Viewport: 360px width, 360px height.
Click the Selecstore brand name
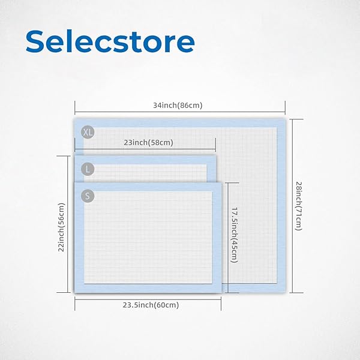tap(110, 41)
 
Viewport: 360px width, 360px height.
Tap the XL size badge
tap(88, 132)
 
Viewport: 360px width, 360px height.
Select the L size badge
tap(88, 169)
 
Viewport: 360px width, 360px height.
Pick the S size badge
tap(88, 196)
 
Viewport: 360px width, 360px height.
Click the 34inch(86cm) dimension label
tap(178, 106)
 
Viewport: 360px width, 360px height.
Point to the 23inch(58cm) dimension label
tap(149, 143)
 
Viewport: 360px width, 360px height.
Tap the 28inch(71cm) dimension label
tap(298, 206)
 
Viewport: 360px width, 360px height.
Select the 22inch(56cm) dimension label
tap(61, 227)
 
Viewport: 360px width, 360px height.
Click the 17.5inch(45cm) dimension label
tap(234, 235)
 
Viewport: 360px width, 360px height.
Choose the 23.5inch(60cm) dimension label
tap(151, 305)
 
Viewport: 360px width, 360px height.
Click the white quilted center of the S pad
tap(148, 238)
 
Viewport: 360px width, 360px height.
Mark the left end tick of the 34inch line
tap(75, 107)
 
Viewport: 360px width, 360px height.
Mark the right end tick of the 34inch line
tap(285, 107)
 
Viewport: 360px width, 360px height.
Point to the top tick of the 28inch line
tap(296, 119)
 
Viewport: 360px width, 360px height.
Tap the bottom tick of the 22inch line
tap(64, 293)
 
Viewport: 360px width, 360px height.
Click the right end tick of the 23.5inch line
tap(221, 304)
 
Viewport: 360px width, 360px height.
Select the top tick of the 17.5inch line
tap(232, 183)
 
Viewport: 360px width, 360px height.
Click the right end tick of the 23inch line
tap(215, 145)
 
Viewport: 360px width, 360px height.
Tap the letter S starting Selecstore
tap(35, 41)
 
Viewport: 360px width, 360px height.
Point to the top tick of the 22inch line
tap(64, 156)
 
